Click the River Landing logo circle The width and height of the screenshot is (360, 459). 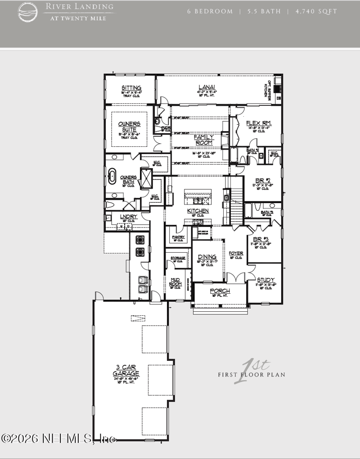[x=28, y=12]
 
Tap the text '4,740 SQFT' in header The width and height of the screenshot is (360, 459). [x=316, y=11]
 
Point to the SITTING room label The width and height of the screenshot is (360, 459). [x=131, y=88]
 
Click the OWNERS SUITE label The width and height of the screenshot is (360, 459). [x=129, y=127]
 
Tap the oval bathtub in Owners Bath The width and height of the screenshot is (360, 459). [x=111, y=176]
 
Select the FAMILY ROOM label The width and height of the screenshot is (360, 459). [x=204, y=140]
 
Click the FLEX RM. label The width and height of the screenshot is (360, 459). [x=259, y=123]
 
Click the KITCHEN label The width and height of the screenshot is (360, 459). [x=198, y=211]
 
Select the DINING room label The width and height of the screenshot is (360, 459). [x=207, y=257]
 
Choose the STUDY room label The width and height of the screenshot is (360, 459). [x=265, y=280]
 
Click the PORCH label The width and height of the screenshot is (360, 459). [x=220, y=291]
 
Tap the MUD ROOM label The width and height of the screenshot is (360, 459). [x=175, y=282]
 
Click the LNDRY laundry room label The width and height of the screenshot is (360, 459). [x=129, y=217]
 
